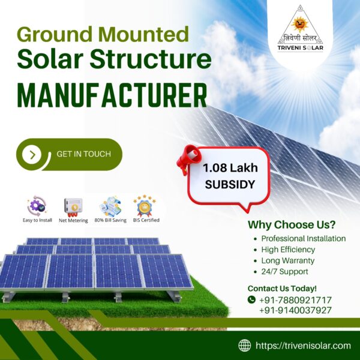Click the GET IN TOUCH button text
tap(83, 154)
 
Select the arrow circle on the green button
tap(32, 155)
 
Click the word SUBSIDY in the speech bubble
tap(229, 185)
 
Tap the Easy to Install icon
tap(37, 206)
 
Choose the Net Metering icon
tap(73, 206)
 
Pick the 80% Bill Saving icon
tap(110, 206)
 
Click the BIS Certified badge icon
tap(144, 206)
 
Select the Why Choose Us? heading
tap(292, 225)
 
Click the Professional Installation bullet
tap(304, 238)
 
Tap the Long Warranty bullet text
tap(288, 260)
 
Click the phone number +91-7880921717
tap(295, 299)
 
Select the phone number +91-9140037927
tap(295, 310)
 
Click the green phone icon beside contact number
tap(251, 299)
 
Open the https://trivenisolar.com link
tap(303, 345)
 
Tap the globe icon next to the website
tap(245, 345)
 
